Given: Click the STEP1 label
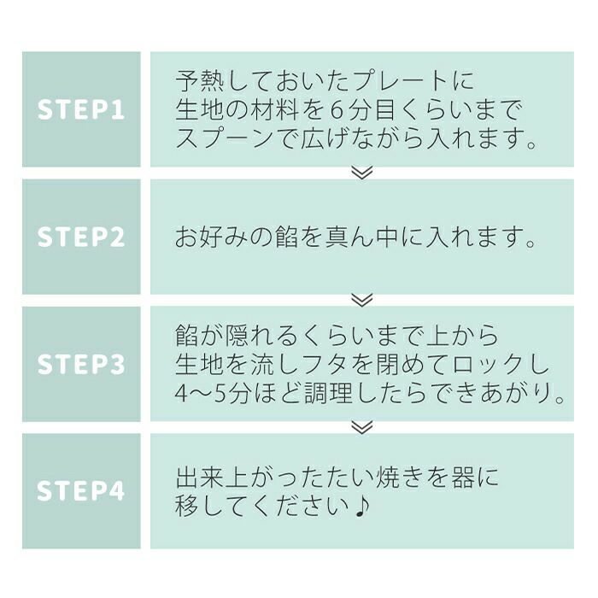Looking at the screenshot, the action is (81, 109).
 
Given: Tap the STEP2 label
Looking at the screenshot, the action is (81, 237).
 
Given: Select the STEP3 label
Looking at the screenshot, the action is (81, 364).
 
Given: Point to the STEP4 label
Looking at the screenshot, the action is (81, 491).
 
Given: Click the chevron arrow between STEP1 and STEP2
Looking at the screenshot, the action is (362, 173).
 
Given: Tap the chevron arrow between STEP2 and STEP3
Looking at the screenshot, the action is (362, 300).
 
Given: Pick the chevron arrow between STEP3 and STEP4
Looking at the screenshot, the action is (362, 427).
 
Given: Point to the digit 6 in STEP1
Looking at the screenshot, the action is (336, 110).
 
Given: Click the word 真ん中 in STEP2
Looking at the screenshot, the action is (363, 237).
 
